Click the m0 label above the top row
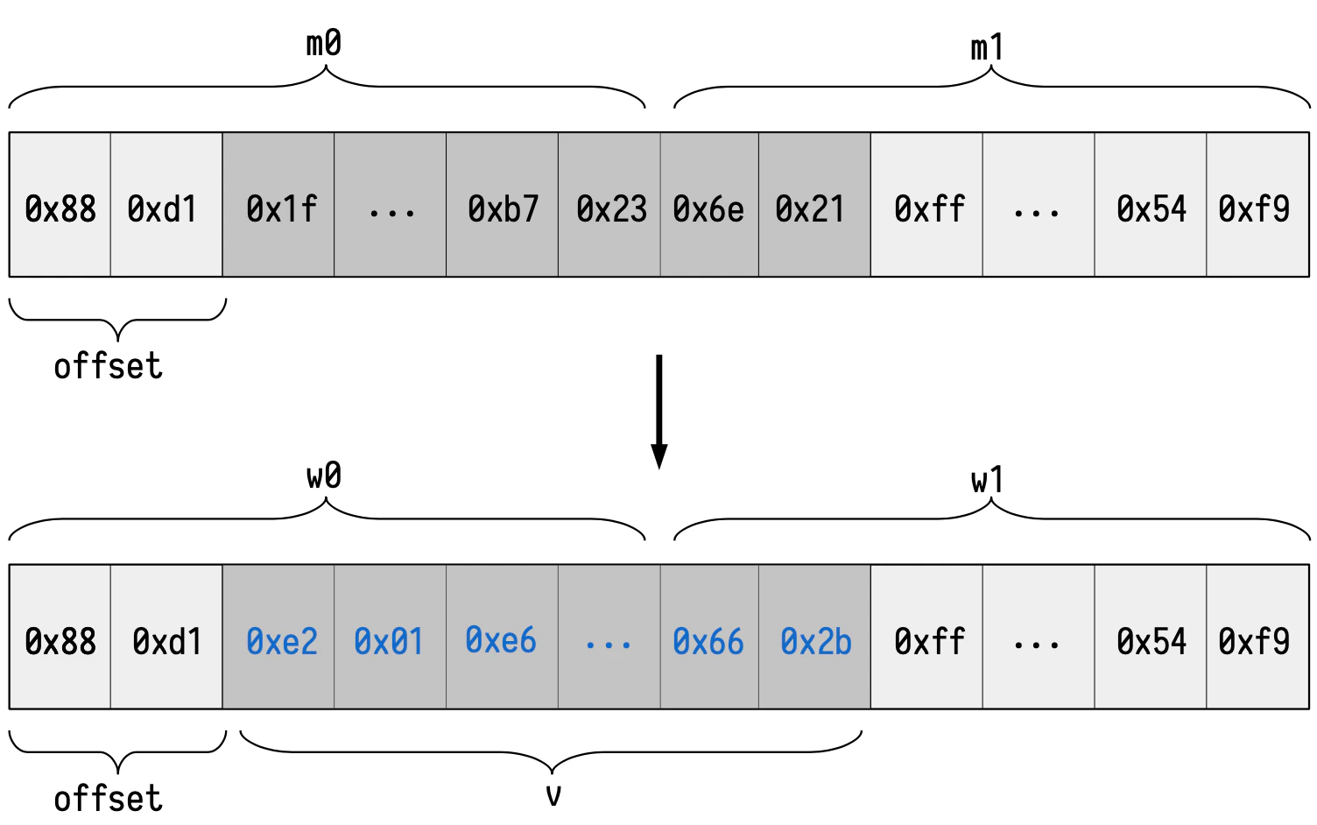(323, 43)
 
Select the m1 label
(987, 47)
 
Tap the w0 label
(323, 476)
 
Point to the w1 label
(987, 480)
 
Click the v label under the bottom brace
(553, 795)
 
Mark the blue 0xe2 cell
(279, 640)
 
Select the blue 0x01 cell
(390, 640)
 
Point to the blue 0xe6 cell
(501, 640)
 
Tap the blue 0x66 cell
(709, 640)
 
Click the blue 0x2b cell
(815, 640)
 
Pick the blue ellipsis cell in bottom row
(609, 640)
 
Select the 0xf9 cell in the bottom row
(1257, 640)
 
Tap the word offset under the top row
(108, 366)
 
